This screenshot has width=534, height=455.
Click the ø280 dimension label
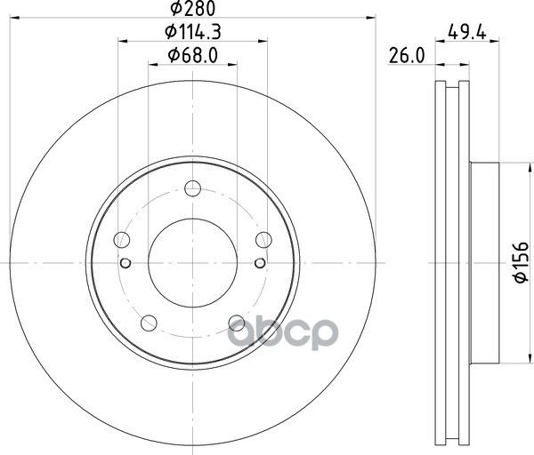pyautogui.click(x=193, y=9)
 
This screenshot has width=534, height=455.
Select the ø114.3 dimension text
pyautogui.click(x=193, y=32)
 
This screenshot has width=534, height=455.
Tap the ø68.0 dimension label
pyautogui.click(x=193, y=55)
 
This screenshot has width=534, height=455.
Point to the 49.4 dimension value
pyautogui.click(x=467, y=32)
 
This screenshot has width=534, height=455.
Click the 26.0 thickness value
pyautogui.click(x=407, y=56)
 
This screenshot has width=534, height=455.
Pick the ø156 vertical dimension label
pyautogui.click(x=521, y=262)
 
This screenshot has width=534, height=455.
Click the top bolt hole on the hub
pyautogui.click(x=192, y=188)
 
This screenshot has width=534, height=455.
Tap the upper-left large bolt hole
pyautogui.click(x=122, y=240)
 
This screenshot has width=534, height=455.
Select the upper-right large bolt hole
pyautogui.click(x=263, y=240)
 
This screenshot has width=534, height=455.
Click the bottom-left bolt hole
pyautogui.click(x=149, y=323)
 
